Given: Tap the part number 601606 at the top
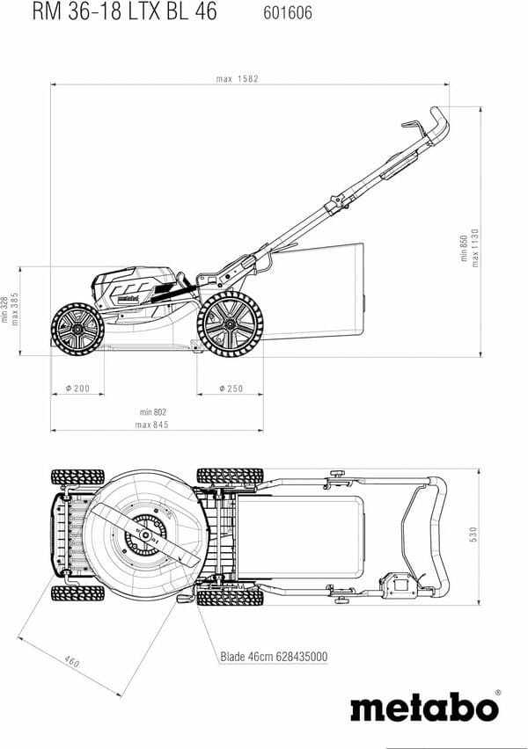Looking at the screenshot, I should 288,13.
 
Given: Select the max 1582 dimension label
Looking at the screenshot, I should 237,79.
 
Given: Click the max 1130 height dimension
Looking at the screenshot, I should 475,248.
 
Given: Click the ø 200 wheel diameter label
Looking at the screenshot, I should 77,388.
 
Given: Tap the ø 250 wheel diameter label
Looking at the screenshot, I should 231,388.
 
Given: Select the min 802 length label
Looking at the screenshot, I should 152,411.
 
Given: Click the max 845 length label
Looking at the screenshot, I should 152,425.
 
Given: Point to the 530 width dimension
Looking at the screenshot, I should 473,534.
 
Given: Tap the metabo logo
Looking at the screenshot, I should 424,707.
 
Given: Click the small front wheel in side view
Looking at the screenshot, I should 77,329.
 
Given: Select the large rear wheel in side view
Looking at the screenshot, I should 230,323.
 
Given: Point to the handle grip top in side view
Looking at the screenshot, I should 437,123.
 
